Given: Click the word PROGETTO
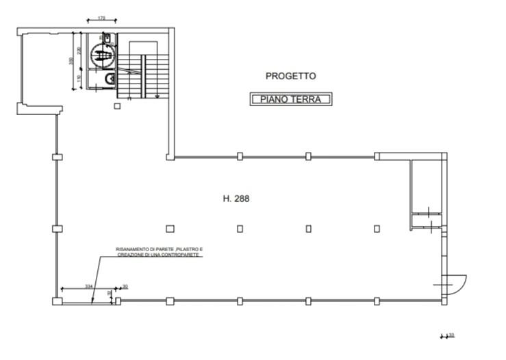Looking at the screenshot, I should click(x=290, y=76).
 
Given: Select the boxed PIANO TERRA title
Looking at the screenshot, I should click(x=290, y=99).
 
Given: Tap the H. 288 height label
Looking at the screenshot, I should click(x=236, y=199).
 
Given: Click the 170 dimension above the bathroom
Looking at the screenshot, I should click(x=102, y=18).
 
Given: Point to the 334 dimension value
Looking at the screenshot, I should click(x=88, y=285).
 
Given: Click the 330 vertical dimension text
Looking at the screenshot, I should click(x=71, y=62).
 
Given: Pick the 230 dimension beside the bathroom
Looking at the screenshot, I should click(x=79, y=51).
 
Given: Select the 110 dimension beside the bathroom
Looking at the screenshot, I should click(x=79, y=79).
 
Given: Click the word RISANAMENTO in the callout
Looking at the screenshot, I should click(x=131, y=248).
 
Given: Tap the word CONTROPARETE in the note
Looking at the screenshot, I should click(x=186, y=255).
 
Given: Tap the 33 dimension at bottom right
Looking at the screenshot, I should click(x=451, y=335).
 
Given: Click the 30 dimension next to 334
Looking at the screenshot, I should click(x=125, y=285).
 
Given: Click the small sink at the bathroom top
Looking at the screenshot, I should click(x=105, y=36).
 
